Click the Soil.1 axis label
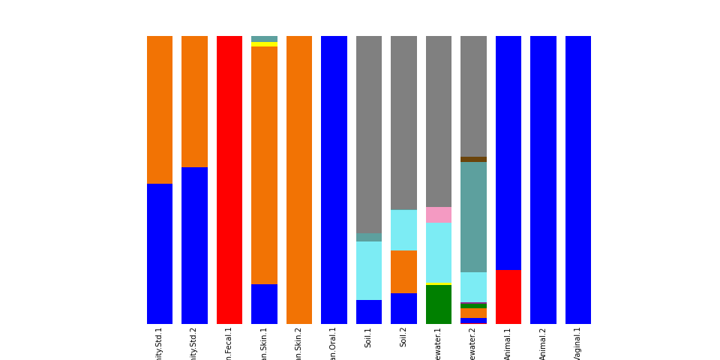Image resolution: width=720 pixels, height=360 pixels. coord(368,337)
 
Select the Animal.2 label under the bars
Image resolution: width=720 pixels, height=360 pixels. coord(543,343)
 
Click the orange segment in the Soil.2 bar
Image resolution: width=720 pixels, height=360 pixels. coord(403,271)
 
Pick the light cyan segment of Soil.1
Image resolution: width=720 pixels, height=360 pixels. coord(368,270)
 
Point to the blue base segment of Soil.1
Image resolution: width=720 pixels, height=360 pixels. coord(368,312)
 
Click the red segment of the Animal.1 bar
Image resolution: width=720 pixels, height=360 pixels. coord(508,296)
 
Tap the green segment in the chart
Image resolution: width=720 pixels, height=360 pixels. coord(438,304)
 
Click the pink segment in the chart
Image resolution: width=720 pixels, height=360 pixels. coord(438,214)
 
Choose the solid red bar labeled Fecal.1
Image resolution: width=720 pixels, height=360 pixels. coord(229,180)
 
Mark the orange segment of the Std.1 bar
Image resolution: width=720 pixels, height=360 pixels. coord(160,109)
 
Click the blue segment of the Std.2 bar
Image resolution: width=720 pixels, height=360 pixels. coord(194,245)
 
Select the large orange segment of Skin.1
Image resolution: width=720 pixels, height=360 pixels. coord(264,165)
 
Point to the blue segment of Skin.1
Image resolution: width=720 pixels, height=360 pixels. coord(264,304)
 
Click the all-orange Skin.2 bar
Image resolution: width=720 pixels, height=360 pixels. coord(298,180)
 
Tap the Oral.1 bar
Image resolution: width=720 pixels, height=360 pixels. coord(334,180)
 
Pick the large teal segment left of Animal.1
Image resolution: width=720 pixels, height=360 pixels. coord(473,217)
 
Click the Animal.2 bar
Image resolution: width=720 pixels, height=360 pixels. coord(543,180)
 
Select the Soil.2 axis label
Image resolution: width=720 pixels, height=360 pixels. coord(403,337)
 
